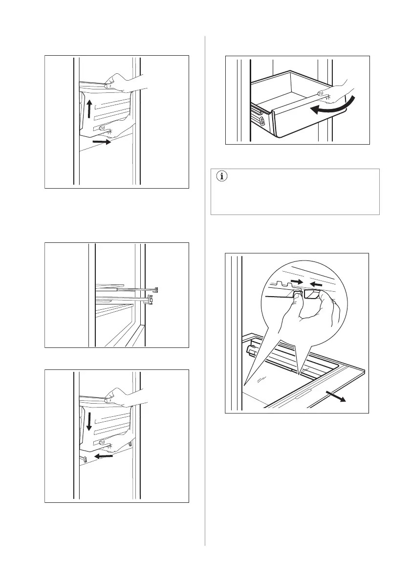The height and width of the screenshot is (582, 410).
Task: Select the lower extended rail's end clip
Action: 150,300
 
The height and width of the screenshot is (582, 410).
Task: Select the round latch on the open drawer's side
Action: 262,121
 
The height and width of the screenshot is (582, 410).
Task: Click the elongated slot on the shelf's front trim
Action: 306,390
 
